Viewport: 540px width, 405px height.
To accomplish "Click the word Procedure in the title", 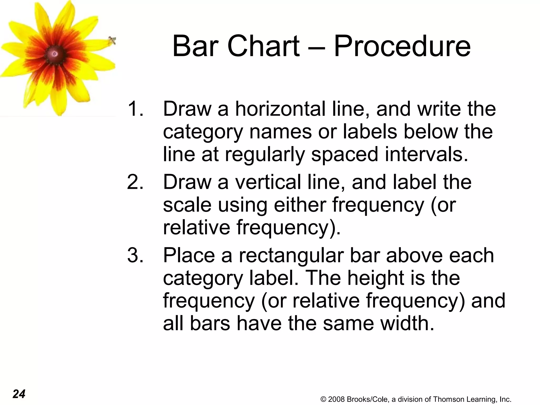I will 402,47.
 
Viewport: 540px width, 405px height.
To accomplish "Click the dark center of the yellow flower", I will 55,54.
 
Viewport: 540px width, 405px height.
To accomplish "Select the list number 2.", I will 135,182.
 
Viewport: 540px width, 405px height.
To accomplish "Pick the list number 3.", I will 135,255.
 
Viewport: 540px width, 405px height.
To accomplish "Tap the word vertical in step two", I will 268,182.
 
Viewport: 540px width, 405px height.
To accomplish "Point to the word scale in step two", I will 187,205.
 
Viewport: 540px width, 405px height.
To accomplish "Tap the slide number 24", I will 19,394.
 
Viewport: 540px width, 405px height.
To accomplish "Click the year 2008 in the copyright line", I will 337,399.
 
